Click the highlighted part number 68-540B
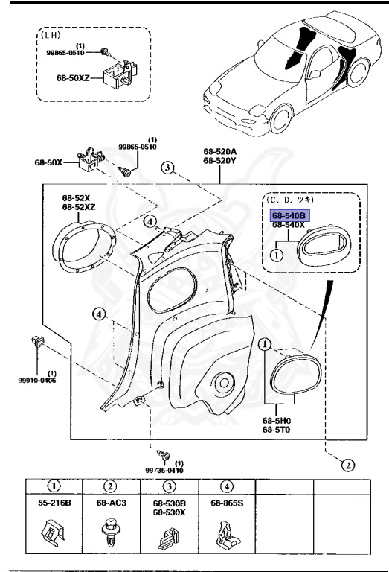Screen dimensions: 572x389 [289, 214]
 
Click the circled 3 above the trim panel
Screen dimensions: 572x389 [170, 168]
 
